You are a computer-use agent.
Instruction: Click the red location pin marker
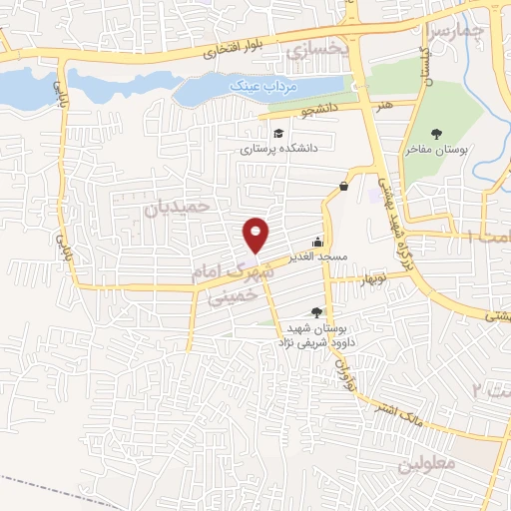click(x=256, y=235)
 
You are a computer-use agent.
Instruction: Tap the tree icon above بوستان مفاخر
click(x=435, y=134)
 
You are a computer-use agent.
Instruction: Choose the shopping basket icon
click(x=343, y=186)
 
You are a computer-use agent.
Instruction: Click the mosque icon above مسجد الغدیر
click(x=317, y=241)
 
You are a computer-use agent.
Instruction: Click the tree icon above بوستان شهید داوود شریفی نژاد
click(x=317, y=312)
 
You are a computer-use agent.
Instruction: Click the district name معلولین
click(x=426, y=465)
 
